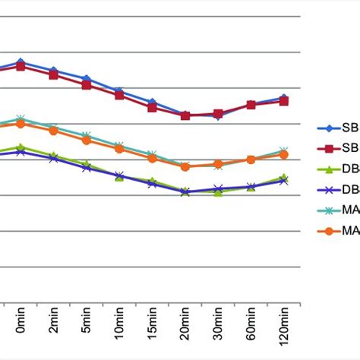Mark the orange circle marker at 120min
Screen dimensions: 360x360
(x=284, y=154)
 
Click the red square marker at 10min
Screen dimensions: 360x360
(x=119, y=95)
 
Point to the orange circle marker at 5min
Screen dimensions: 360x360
(x=87, y=140)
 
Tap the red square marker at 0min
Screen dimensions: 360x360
(x=21, y=66)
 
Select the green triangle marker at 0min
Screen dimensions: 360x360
(x=21, y=147)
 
